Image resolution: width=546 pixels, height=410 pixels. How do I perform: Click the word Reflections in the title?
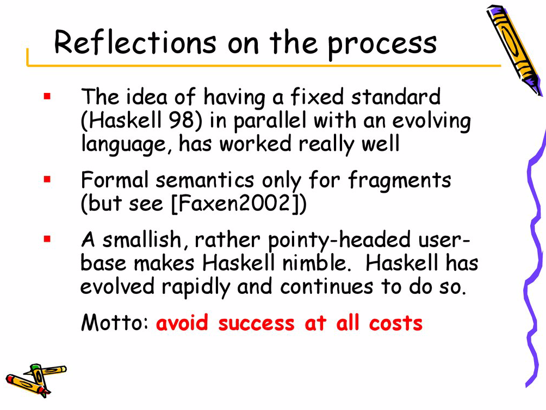pos(135,42)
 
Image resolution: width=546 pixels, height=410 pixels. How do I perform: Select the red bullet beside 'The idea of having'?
pos(47,96)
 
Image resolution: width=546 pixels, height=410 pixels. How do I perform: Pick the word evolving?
pos(432,122)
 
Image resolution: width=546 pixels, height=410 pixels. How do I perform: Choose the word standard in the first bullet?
pos(396,97)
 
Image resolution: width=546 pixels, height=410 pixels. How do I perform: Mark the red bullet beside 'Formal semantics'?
pos(47,179)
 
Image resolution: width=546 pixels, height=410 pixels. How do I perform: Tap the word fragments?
pos(399,181)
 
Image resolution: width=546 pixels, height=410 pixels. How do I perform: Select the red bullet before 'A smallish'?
pos(47,239)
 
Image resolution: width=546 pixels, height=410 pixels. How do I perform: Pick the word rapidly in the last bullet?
pos(196,288)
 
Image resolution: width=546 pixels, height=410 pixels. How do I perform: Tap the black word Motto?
pos(115,323)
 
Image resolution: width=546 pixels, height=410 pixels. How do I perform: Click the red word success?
pos(256,324)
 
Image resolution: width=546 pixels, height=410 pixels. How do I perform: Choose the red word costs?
pos(396,323)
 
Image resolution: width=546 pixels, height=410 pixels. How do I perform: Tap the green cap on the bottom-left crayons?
pos(35,367)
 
